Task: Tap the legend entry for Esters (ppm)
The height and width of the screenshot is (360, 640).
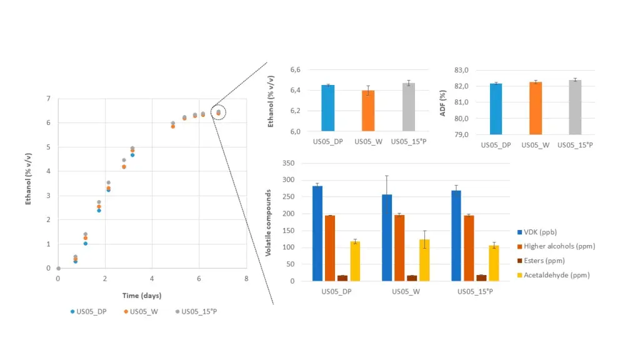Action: [552, 261]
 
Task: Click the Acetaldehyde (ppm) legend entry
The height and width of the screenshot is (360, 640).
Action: [556, 275]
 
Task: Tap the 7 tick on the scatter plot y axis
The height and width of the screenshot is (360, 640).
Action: [49, 99]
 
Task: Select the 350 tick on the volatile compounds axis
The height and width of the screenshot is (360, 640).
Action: [288, 163]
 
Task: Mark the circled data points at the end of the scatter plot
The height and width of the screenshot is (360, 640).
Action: [218, 112]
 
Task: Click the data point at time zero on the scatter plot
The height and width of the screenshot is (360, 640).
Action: [58, 268]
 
